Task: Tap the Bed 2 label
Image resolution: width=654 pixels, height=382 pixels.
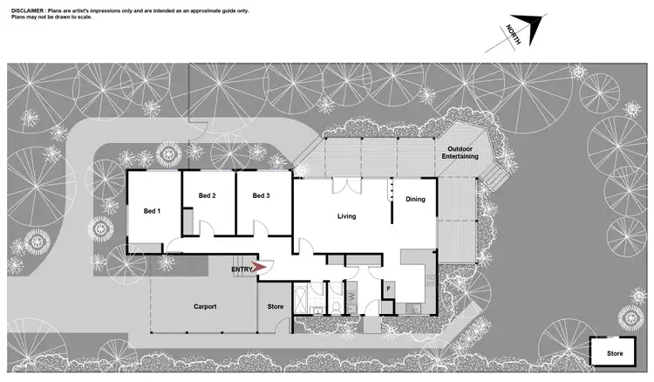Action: [x=207, y=195]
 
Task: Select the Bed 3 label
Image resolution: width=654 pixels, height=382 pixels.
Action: [x=261, y=195]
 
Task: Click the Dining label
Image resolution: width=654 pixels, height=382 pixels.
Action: [x=415, y=199]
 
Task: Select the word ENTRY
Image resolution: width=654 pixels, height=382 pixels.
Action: [x=242, y=269]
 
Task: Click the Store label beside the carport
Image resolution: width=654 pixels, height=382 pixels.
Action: [x=276, y=307]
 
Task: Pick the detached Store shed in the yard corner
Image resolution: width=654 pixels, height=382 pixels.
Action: [x=615, y=353]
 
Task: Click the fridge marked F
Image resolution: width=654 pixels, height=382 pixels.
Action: [x=389, y=287]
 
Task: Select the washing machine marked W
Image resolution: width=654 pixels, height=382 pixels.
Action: [x=352, y=297]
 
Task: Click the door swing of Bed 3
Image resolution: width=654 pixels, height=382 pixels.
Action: [x=260, y=229]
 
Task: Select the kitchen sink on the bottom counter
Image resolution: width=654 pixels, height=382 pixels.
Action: [x=412, y=308]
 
